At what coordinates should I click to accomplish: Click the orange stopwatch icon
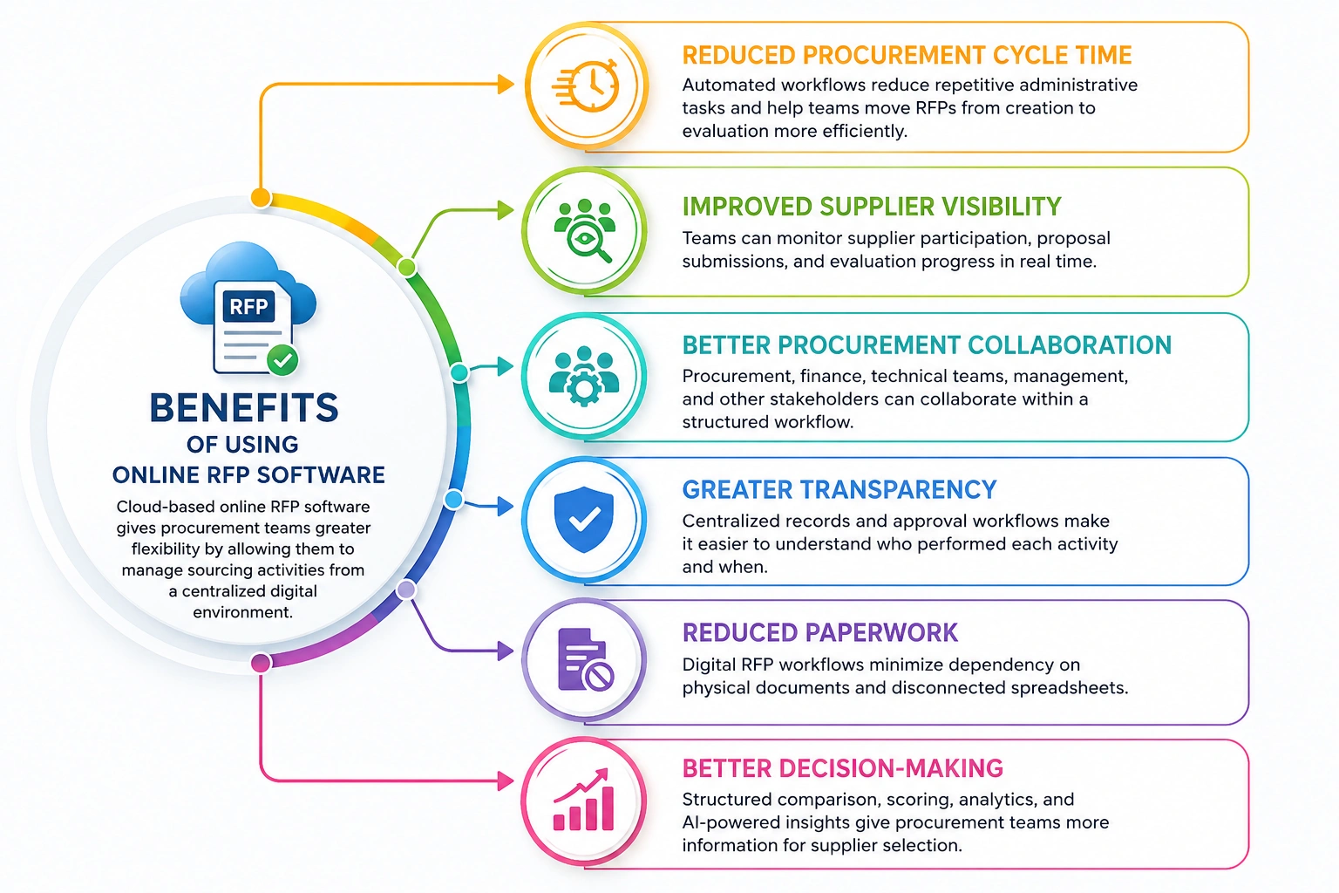point(586,85)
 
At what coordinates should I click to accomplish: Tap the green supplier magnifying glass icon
point(585,230)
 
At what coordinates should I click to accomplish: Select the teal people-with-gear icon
point(584,376)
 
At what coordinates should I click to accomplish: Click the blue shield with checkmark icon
point(584,519)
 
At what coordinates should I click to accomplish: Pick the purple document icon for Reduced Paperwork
point(585,660)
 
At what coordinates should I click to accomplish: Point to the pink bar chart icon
point(584,800)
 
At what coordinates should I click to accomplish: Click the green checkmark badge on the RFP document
point(282,360)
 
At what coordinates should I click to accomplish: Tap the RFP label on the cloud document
point(248,307)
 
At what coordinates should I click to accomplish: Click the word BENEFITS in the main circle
point(244,408)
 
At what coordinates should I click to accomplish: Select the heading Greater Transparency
point(839,490)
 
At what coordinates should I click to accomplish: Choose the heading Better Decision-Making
point(843,768)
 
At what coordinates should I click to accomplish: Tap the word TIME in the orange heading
point(1104,55)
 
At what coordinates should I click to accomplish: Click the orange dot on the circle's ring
point(261,197)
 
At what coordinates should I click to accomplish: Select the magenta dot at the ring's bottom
point(261,663)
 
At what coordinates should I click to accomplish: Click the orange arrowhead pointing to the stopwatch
point(506,85)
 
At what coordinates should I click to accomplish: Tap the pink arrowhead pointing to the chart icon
point(506,781)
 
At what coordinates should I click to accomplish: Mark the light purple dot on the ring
point(406,590)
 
